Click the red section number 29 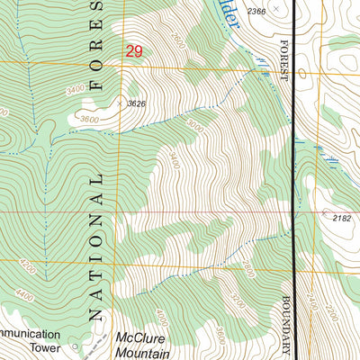click(x=134, y=52)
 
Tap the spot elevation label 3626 click(x=137, y=103)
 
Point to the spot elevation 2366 click(x=256, y=11)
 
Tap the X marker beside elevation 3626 click(x=120, y=102)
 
